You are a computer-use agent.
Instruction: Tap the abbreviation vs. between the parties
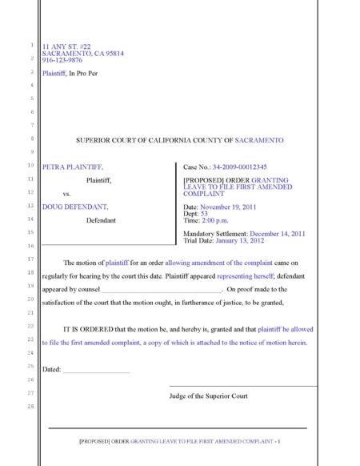(66, 194)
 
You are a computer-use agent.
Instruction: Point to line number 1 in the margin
(30, 45)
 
